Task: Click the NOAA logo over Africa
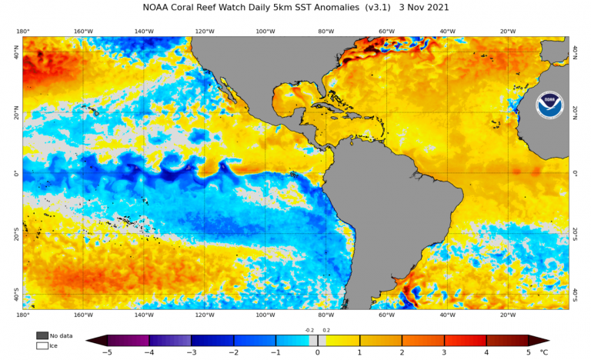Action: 549,104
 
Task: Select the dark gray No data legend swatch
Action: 42,335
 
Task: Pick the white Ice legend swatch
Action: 42,345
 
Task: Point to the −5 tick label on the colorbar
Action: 107,352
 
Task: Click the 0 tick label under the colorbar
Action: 317,352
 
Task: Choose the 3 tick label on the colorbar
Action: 444,352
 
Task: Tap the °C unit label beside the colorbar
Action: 544,352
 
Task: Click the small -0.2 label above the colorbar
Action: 309,330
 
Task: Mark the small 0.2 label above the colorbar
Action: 326,330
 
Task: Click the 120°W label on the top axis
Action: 205,32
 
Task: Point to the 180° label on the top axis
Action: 22,32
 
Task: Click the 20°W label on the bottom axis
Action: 508,315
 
